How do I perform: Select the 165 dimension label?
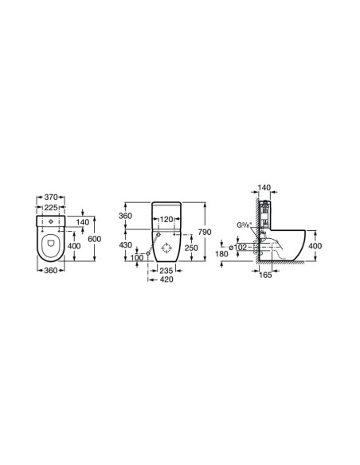266,275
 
